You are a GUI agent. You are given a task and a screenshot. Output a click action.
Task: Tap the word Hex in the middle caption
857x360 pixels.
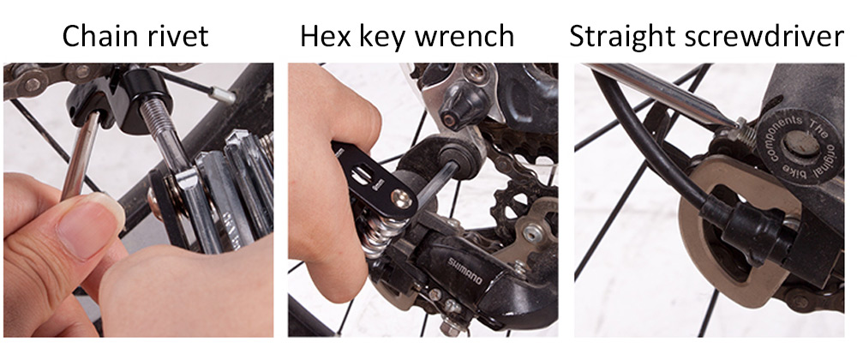pos(322,36)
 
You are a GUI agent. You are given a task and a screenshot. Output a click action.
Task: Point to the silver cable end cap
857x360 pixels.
pos(223,95)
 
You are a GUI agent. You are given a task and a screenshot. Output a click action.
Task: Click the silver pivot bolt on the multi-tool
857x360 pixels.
pos(403,198)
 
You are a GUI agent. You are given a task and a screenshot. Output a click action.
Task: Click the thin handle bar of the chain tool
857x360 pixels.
pos(80,156)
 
